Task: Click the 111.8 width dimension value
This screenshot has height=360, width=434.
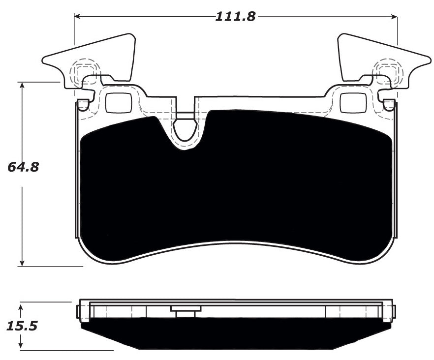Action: [x=236, y=17]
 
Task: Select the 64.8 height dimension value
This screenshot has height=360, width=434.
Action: [x=23, y=167]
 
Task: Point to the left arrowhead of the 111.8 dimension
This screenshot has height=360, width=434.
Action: [x=77, y=17]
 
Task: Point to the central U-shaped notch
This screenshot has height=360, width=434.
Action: [x=186, y=129]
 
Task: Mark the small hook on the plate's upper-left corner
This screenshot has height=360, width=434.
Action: [x=83, y=104]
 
